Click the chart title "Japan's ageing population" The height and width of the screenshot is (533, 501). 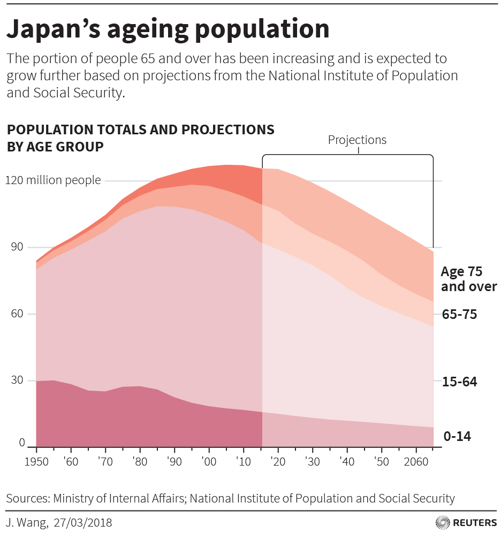pos(168,29)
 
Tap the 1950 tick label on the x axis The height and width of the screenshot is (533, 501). pos(36,462)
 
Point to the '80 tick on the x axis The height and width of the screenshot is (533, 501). pos(139,462)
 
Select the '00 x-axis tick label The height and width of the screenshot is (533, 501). pos(209,462)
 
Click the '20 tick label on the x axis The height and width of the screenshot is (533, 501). pos(278,462)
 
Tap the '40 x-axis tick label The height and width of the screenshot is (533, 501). pos(347,462)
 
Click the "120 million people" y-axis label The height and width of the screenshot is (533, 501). pos(53,180)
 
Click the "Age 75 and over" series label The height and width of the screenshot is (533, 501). pos(468,279)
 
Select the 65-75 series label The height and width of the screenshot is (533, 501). pos(459,314)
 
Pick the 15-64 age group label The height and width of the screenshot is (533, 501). pos(459,382)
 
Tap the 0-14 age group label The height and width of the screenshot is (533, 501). pos(457,437)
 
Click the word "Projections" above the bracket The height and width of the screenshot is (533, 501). pos(357,140)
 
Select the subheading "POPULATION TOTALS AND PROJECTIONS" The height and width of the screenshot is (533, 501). pos(140,130)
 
